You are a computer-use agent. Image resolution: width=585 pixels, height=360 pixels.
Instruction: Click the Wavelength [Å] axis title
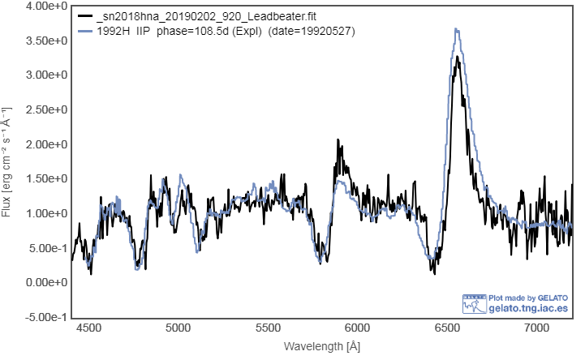[x=322, y=346]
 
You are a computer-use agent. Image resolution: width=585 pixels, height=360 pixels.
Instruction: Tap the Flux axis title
[x=7, y=162]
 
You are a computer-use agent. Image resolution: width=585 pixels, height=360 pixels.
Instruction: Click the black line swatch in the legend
[x=83, y=16]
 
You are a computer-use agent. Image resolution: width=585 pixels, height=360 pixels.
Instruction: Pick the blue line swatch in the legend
[x=83, y=31]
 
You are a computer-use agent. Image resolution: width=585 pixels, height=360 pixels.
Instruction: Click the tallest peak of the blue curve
[x=457, y=29]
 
